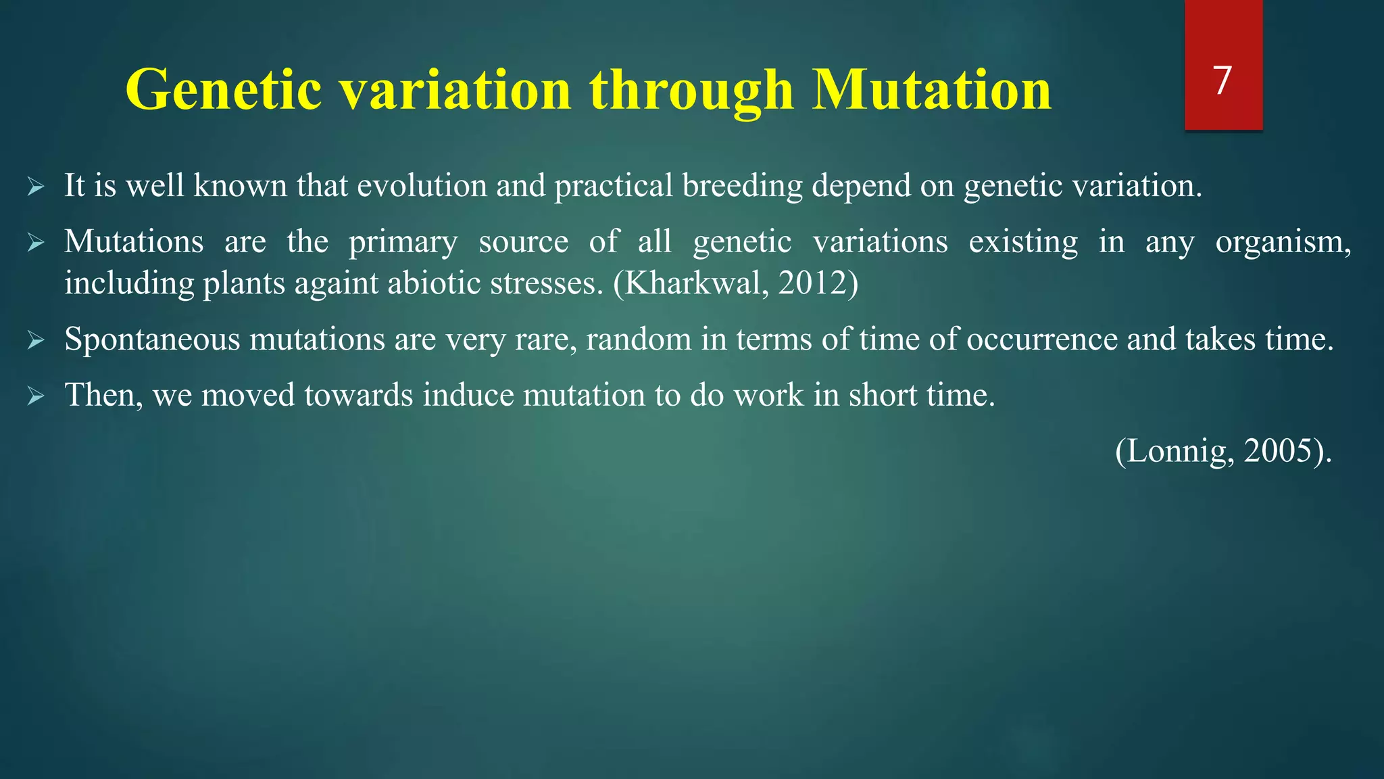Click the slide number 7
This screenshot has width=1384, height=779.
1222,80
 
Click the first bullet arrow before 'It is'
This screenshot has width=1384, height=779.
36,187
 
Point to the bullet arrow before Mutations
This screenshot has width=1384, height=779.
36,243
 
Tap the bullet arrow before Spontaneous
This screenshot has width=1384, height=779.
36,341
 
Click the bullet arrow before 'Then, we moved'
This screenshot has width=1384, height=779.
36,397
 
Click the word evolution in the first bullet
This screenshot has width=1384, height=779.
422,186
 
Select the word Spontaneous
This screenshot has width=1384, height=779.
152,340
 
